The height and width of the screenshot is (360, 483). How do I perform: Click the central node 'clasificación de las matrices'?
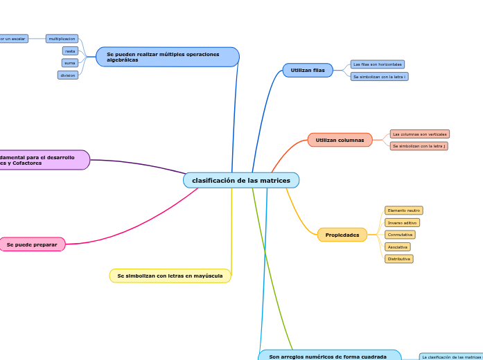coord(241,181)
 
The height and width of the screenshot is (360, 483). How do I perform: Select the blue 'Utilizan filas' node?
coord(308,71)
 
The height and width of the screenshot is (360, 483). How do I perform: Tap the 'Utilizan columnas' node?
coord(340,140)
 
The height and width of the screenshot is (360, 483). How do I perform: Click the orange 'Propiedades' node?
coord(342,235)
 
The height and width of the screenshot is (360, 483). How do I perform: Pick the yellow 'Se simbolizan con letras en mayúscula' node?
coord(170,276)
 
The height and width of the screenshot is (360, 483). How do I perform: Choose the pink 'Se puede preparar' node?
coord(32,244)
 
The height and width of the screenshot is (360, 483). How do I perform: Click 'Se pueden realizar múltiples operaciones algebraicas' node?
coord(167,57)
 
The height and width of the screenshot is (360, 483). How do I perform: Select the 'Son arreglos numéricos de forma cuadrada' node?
coord(328,355)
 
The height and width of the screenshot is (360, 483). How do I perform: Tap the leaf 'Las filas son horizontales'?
coord(377,64)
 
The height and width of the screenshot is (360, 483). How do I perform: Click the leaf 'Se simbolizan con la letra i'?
coord(379,77)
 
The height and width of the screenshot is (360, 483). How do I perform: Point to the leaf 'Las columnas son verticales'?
coord(419,134)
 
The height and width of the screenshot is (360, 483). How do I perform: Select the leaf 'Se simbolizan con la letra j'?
coord(419,146)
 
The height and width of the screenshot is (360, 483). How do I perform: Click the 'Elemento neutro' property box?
coord(403,210)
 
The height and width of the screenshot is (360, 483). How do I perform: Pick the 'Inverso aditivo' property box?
coord(402,223)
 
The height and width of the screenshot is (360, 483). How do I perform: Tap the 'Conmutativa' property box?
coord(400,235)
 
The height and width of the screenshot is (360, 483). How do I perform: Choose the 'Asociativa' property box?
coord(397,247)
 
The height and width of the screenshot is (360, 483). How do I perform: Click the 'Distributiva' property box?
coord(398,259)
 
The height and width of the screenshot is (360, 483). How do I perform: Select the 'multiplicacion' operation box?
coord(62,39)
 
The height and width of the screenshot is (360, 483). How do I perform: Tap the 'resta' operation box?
coord(70,51)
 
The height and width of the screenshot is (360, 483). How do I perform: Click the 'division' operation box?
coord(68,75)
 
